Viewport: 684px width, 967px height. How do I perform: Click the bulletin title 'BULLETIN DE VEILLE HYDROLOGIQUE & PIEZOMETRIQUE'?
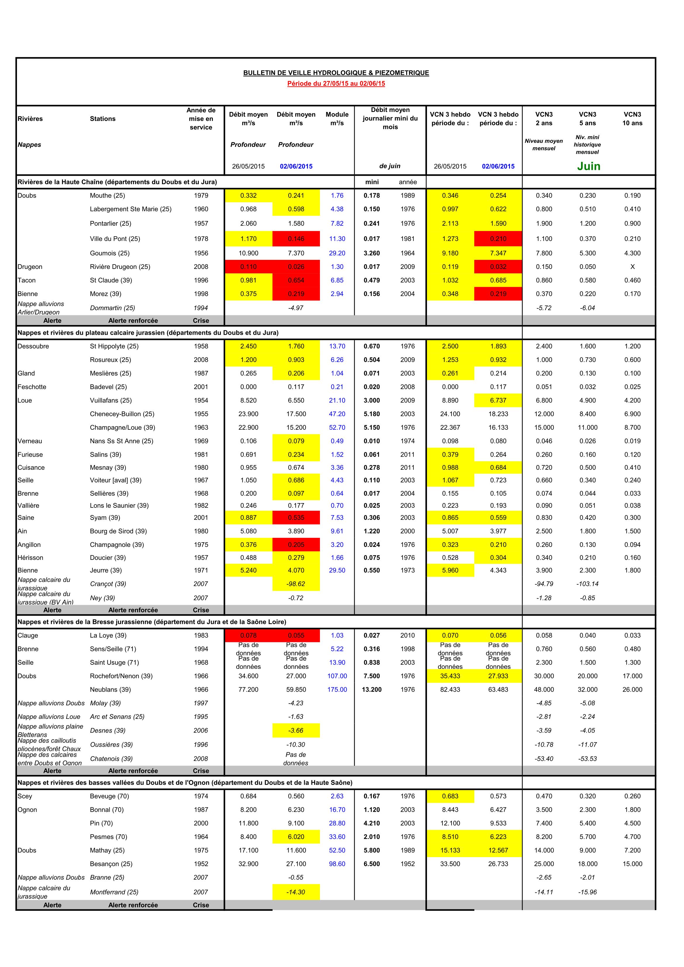click(x=336, y=73)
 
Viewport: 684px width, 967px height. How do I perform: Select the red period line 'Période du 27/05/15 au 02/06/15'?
click(x=336, y=83)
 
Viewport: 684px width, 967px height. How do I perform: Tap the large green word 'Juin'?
click(x=588, y=166)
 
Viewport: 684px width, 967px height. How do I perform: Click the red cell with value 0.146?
click(x=296, y=239)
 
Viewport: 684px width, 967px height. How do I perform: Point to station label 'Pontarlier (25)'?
click(x=111, y=224)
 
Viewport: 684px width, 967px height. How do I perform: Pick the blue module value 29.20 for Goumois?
click(x=337, y=253)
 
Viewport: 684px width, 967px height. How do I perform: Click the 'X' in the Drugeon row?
click(x=632, y=267)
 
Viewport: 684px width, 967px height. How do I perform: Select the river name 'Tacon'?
click(x=27, y=280)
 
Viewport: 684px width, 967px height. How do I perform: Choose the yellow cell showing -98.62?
click(x=296, y=584)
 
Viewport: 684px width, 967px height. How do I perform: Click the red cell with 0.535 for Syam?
click(x=296, y=518)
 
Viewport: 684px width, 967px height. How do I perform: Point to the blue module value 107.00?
click(x=337, y=676)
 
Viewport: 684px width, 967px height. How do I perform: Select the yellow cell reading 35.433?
click(x=450, y=676)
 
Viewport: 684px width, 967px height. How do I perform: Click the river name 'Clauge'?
click(x=28, y=636)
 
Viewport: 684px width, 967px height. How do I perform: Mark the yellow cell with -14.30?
click(x=296, y=892)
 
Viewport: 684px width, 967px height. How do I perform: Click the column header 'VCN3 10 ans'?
click(x=632, y=119)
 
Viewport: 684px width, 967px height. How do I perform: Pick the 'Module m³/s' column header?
click(x=337, y=119)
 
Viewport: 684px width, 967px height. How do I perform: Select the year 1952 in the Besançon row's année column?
click(x=408, y=864)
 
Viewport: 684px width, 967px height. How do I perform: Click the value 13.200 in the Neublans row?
click(x=372, y=690)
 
